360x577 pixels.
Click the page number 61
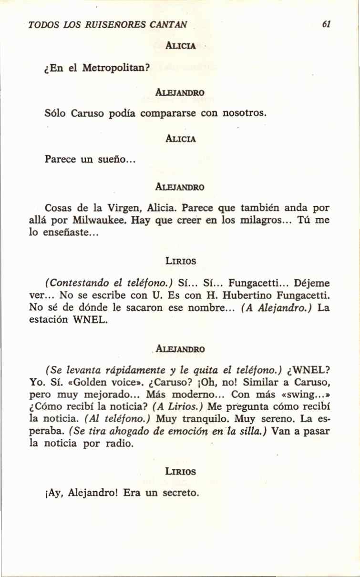click(326, 24)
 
